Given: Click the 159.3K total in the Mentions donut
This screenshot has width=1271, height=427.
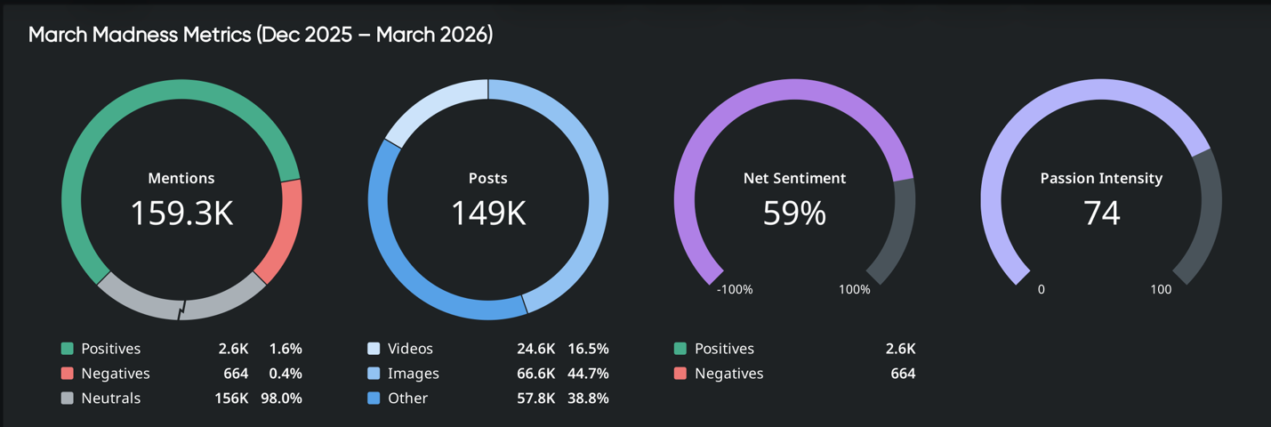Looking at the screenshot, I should point(181,213).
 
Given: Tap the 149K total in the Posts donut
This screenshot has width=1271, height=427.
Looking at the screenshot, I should point(487,213).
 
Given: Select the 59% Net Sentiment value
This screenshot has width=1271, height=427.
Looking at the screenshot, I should point(794,213).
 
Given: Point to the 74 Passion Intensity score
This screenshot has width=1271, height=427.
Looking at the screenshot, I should point(1101,213).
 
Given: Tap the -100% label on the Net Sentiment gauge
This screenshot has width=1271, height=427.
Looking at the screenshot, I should point(735,290).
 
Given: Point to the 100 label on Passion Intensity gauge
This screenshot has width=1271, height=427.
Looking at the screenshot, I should point(1161,290).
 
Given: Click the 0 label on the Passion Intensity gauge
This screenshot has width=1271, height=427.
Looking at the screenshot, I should point(1041,290).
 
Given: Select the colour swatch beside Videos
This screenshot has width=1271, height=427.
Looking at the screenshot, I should point(374,349).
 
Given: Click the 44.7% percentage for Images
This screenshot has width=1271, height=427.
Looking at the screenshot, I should point(587,374).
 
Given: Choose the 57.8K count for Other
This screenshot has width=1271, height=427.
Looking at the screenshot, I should point(535,399).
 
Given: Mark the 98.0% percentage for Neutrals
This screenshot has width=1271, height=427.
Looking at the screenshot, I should point(281,399).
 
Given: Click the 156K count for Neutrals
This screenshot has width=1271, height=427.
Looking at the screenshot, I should point(230,399).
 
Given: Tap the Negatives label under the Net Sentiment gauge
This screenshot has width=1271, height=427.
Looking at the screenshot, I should point(728,374).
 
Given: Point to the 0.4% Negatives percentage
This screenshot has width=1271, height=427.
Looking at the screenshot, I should point(286,374).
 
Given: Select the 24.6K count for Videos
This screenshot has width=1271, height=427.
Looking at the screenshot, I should point(535,349).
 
